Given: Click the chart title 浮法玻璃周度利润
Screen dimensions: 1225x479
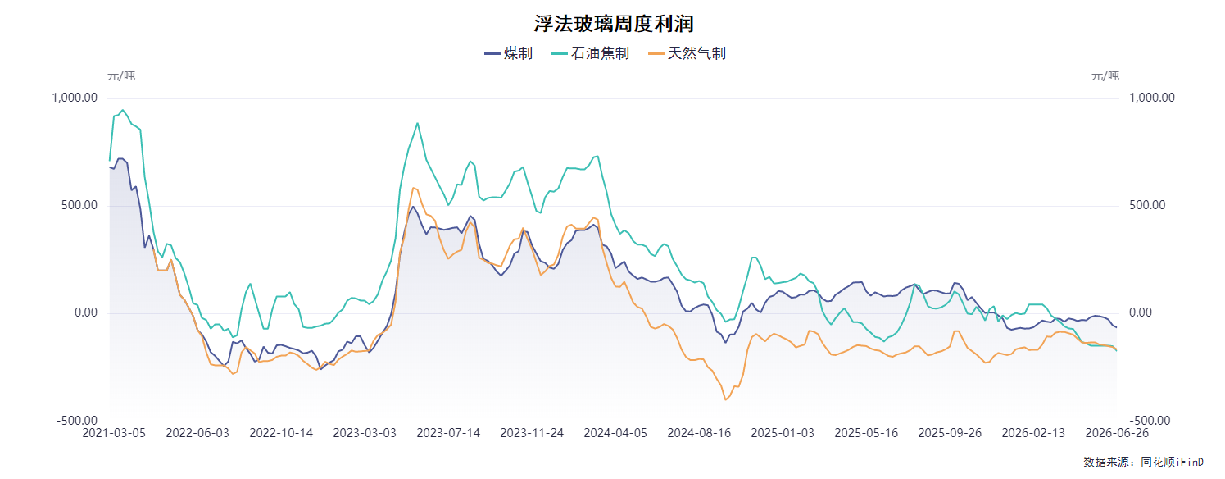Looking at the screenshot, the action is click(x=614, y=24).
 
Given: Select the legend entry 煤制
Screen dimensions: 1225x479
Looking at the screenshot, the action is click(x=509, y=53).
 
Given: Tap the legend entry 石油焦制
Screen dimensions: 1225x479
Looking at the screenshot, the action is click(x=591, y=53).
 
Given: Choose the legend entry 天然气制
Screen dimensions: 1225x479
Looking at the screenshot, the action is click(x=687, y=53).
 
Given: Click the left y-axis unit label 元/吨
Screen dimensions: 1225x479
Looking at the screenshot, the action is click(x=120, y=75).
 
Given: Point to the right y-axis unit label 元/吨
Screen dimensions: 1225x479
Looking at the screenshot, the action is click(x=1105, y=75).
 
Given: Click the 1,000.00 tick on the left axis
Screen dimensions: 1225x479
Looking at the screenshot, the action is click(x=75, y=98).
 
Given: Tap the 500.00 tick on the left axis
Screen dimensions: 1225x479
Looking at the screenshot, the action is click(x=79, y=205).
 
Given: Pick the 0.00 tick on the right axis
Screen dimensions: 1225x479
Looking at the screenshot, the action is click(x=1141, y=312).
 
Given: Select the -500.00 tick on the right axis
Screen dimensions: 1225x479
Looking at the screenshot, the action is click(x=1150, y=421).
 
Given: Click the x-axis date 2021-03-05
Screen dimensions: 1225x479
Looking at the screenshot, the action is click(x=114, y=433).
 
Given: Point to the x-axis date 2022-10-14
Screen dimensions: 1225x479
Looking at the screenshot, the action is click(x=281, y=433).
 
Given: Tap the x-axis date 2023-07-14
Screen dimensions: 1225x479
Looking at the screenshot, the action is click(x=448, y=433).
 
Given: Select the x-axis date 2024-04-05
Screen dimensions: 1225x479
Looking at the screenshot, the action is click(x=615, y=433).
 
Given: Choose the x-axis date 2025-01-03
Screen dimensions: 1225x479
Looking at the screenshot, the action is click(x=783, y=433).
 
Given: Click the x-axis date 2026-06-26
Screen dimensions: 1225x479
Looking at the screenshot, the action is click(x=1117, y=433).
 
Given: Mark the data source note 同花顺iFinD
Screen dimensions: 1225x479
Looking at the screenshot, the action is click(x=1172, y=462).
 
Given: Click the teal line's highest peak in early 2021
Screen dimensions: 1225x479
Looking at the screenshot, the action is click(x=123, y=109).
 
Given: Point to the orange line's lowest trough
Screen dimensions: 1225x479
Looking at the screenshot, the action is click(x=726, y=399).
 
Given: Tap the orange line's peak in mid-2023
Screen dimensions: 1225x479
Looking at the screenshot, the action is click(x=413, y=188).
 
